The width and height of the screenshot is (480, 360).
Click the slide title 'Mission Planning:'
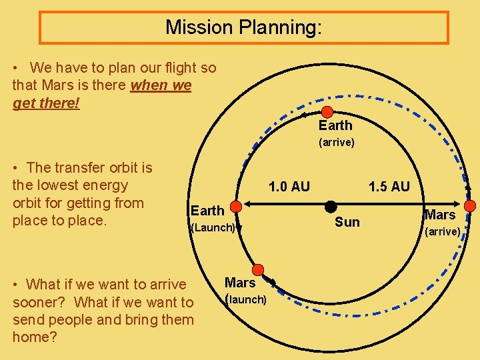click(x=243, y=27)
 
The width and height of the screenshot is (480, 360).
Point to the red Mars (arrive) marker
click(x=469, y=205)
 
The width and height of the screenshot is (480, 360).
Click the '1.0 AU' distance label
click(x=289, y=187)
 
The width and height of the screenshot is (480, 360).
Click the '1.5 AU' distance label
click(x=389, y=187)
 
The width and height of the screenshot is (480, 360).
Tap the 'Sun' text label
click(x=347, y=222)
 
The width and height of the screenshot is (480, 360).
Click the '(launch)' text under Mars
click(x=246, y=299)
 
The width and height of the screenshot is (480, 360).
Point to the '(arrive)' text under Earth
click(x=336, y=142)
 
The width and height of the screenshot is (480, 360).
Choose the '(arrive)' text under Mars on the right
click(x=443, y=231)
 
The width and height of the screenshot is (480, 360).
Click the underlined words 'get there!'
click(x=46, y=103)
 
